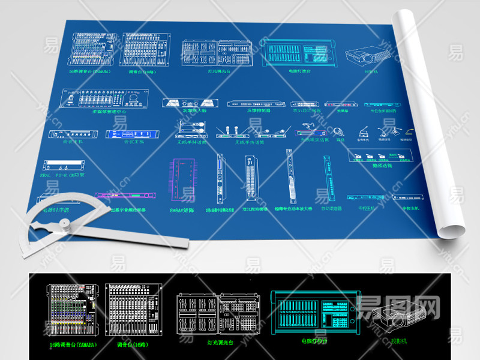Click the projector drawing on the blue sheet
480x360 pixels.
(x=368, y=56)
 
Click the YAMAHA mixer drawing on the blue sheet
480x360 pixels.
(x=92, y=50)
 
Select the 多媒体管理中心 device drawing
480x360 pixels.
(x=106, y=98)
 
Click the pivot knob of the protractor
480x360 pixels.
(x=63, y=225)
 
